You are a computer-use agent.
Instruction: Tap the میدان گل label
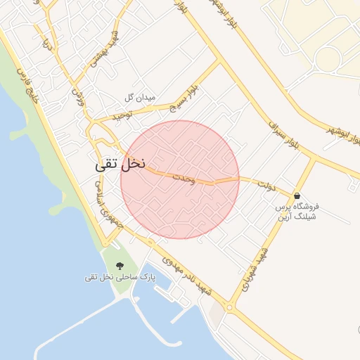[139, 96]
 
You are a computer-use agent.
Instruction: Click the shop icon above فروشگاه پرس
[297, 195]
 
